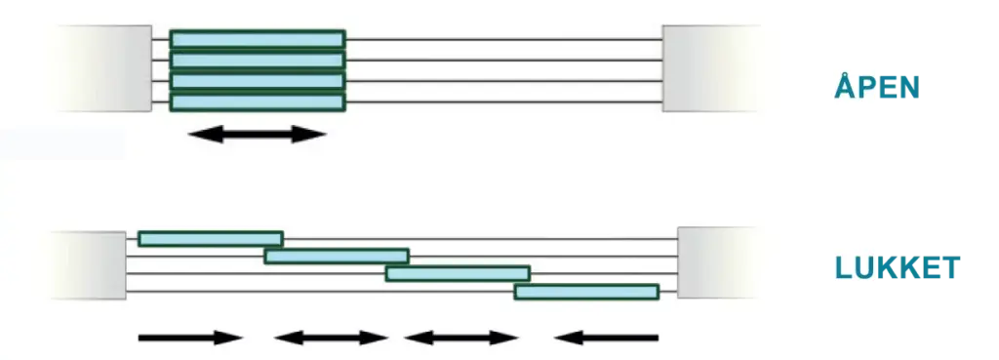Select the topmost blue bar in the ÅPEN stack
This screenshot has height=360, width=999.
point(258,39)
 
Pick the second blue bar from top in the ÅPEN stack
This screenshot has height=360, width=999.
point(258,60)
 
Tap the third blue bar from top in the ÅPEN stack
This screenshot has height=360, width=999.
point(258,81)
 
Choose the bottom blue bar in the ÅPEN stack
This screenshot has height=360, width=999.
point(258,101)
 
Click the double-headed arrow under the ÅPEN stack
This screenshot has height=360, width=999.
point(258,135)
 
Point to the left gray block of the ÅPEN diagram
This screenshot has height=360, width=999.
point(101,68)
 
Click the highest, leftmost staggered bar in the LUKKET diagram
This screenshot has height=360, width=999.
point(211,239)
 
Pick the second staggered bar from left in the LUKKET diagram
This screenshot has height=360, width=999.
point(337,257)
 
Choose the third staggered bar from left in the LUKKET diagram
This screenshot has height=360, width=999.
point(458,273)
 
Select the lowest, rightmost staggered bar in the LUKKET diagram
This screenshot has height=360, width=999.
point(586,292)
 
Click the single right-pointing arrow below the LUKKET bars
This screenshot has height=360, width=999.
point(189,339)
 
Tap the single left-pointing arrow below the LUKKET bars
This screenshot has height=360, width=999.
point(606,339)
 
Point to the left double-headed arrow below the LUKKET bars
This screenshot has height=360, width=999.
point(332,339)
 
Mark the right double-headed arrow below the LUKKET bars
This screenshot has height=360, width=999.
point(461,339)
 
